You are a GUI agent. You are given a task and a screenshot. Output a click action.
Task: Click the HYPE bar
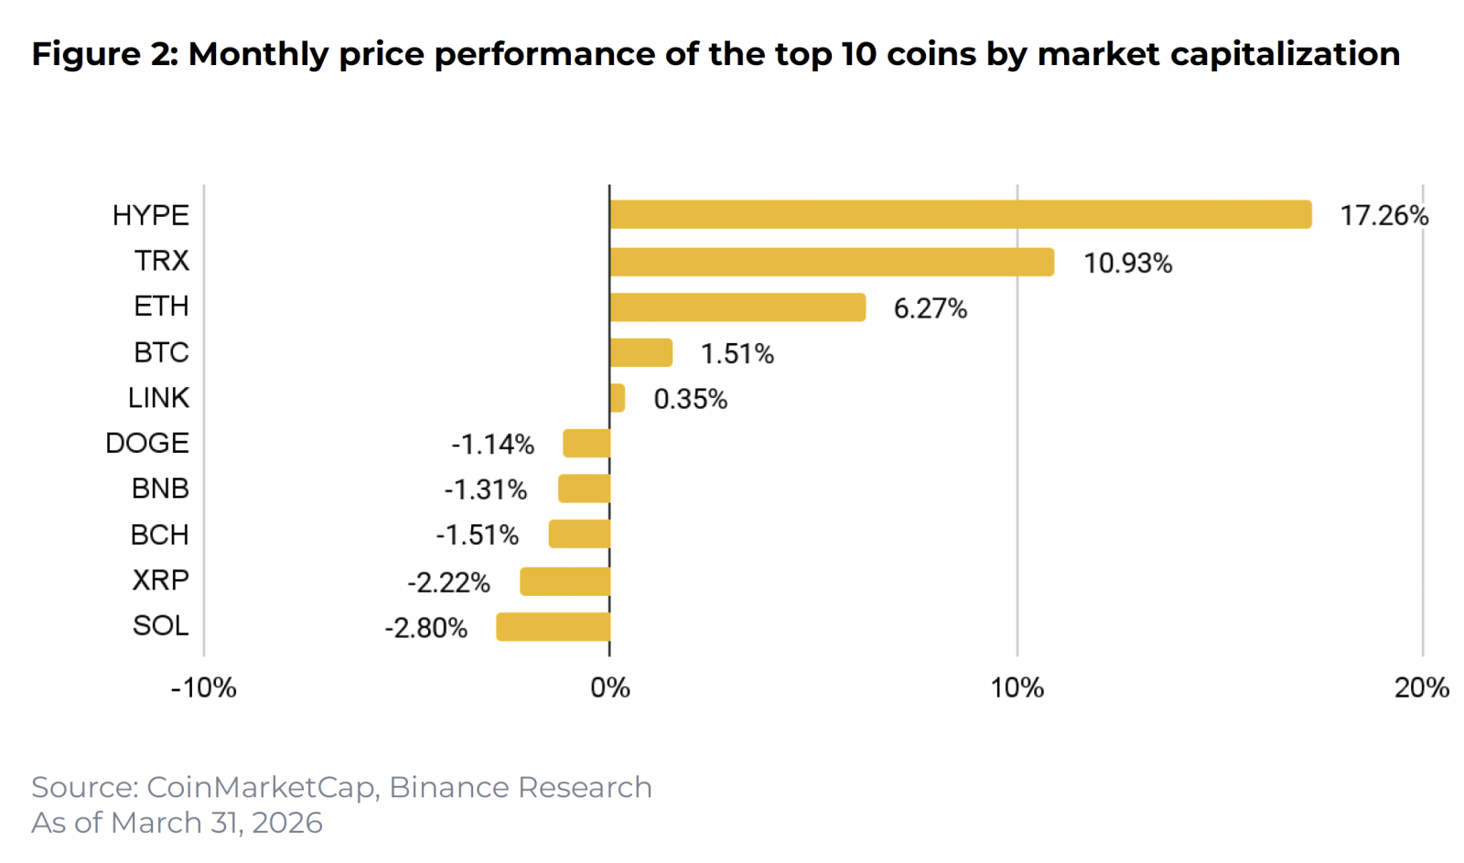960,215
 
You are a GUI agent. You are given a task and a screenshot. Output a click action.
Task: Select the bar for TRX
831,262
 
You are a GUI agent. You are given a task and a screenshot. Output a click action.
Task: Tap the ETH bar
737,307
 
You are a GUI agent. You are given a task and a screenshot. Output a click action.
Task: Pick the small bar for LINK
618,398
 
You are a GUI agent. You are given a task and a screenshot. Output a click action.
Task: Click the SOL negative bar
553,627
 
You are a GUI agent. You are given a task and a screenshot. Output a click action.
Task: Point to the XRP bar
565,581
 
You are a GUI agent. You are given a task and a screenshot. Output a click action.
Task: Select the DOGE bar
587,443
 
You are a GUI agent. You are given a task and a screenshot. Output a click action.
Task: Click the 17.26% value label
1383,216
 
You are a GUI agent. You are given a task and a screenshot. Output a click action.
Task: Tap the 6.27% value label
930,308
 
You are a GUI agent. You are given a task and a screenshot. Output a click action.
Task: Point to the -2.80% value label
425,628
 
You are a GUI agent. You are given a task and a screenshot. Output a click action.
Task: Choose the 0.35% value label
690,399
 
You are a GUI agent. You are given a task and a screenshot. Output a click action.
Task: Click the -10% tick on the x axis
203,688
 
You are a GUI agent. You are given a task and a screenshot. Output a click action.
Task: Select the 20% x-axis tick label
1421,688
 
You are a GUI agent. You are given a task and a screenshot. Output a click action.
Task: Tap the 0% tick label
609,688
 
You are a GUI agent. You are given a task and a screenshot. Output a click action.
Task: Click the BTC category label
161,352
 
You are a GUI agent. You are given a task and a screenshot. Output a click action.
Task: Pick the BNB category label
160,489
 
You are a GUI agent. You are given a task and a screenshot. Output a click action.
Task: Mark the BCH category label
159,534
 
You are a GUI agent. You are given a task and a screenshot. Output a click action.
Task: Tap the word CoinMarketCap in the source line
261,787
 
